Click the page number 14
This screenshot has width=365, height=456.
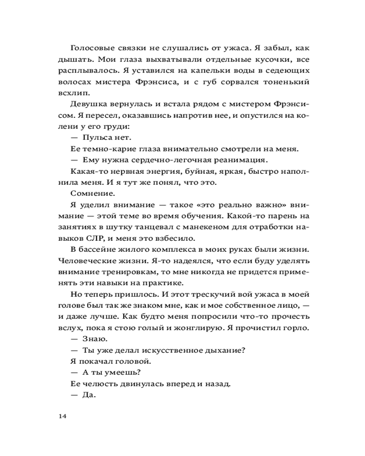63,415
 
